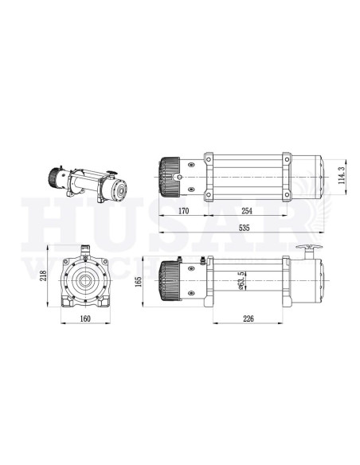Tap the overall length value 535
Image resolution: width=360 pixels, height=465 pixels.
coord(240,228)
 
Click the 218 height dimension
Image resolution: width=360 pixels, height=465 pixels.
coord(41,277)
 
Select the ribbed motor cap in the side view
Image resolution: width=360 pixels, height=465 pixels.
coord(169,282)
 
